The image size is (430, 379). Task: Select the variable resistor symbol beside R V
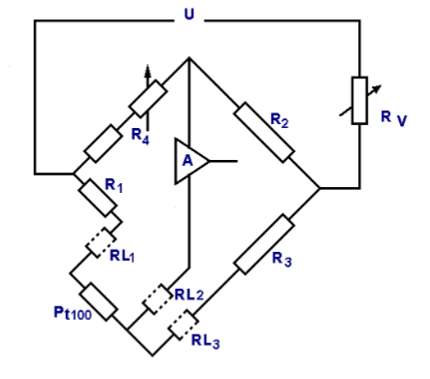tap(359, 99)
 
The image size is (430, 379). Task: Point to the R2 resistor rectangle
tap(262, 131)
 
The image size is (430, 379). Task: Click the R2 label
tap(280, 121)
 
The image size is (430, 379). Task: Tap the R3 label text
tap(282, 259)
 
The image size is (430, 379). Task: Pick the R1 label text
tap(115, 185)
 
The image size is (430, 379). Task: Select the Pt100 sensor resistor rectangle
tap(99, 301)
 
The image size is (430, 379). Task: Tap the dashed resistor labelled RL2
tap(156, 299)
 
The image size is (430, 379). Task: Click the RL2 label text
tap(189, 294)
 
